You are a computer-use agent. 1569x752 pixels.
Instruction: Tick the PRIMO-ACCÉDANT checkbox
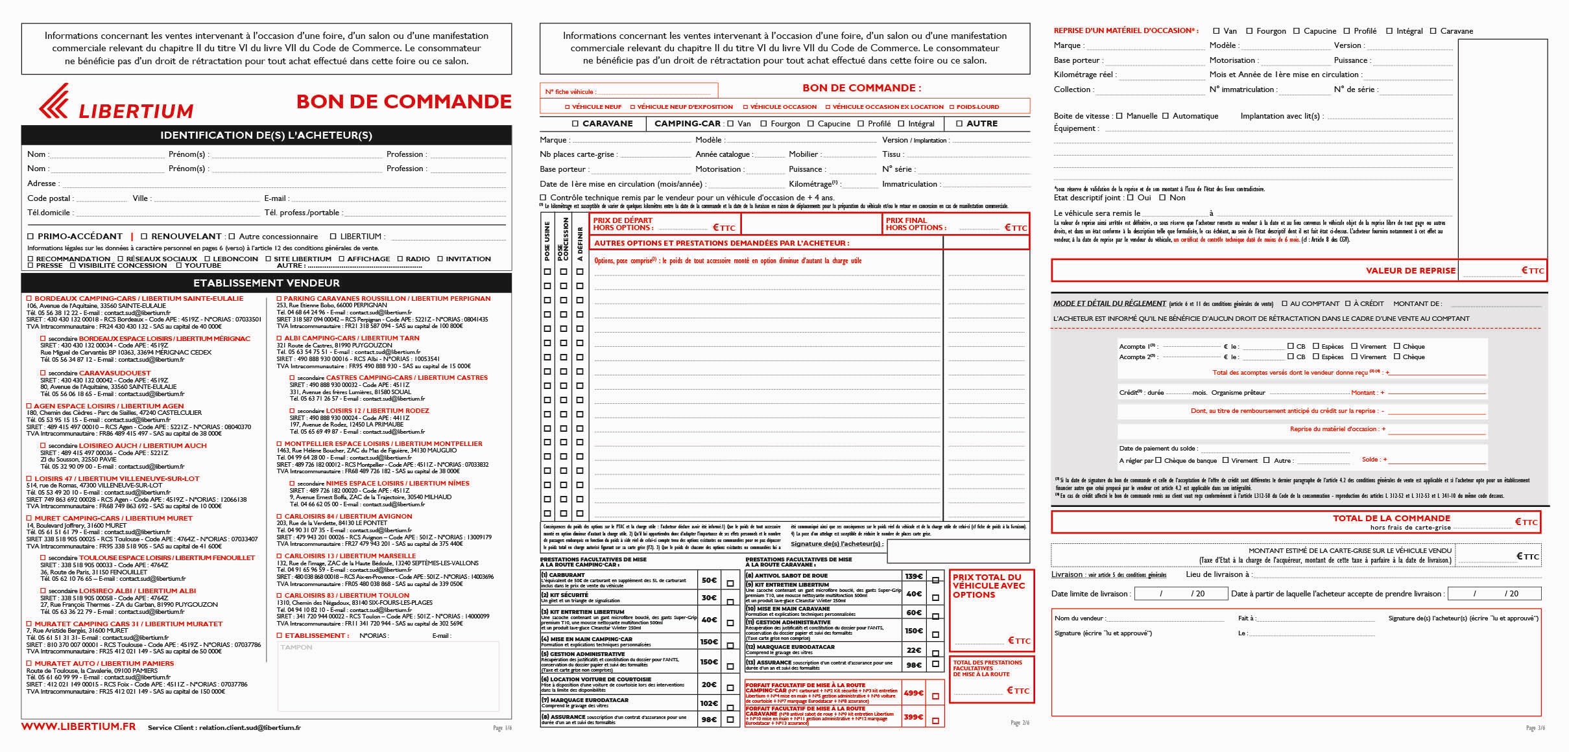30,237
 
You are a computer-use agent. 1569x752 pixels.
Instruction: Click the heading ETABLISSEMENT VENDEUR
266,283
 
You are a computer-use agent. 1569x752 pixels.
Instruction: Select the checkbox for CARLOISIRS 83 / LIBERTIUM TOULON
280,595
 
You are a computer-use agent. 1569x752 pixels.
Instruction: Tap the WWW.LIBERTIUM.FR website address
78,727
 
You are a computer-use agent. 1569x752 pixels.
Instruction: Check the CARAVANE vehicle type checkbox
575,124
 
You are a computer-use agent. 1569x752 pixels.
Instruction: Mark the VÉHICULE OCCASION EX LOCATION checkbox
828,107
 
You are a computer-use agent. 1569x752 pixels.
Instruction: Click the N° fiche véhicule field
655,91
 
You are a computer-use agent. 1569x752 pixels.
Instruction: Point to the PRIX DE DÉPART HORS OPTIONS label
623,224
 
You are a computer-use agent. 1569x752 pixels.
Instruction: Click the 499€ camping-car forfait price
913,693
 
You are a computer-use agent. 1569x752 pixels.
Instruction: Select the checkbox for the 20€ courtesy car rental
730,687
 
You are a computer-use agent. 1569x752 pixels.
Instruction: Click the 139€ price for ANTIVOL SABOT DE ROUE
913,576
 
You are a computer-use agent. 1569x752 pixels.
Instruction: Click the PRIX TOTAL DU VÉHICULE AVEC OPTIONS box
991,609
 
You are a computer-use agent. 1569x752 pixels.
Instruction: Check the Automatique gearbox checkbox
1166,116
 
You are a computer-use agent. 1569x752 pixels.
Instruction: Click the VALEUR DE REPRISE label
1410,270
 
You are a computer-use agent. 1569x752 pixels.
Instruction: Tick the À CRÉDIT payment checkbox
1348,303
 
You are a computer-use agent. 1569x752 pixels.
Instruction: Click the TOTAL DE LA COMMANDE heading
1391,518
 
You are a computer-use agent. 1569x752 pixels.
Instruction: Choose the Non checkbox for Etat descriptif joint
1162,198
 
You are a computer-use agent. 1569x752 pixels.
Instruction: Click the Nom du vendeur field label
1079,618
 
